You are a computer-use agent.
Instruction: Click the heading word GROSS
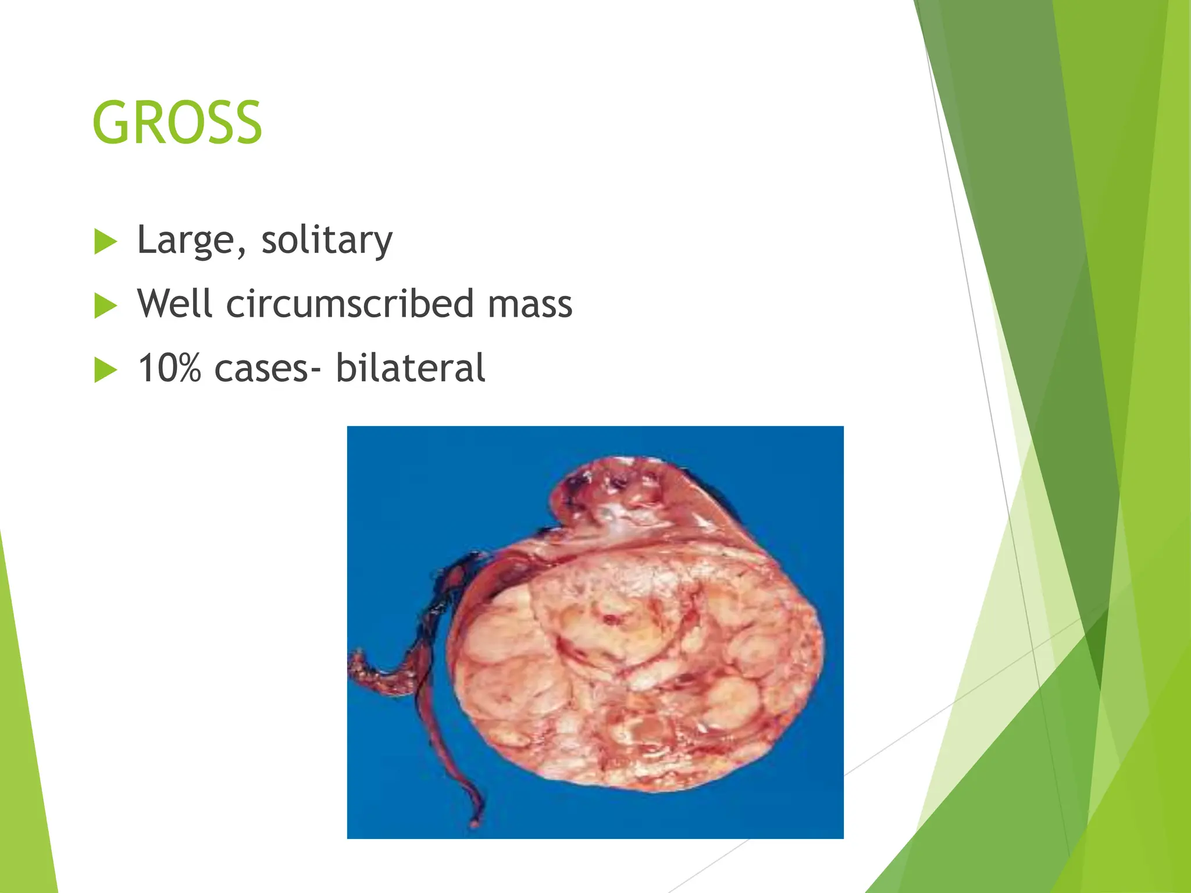177,123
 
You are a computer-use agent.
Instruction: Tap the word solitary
327,240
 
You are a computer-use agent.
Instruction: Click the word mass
530,305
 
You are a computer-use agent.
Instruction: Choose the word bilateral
410,368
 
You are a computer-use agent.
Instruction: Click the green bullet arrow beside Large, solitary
105,242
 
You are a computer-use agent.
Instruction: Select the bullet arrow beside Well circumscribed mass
105,306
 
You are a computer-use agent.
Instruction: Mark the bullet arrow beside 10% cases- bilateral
105,370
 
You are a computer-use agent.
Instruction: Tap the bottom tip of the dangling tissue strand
475,823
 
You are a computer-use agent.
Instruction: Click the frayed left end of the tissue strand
355,663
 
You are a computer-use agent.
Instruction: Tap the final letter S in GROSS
247,123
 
